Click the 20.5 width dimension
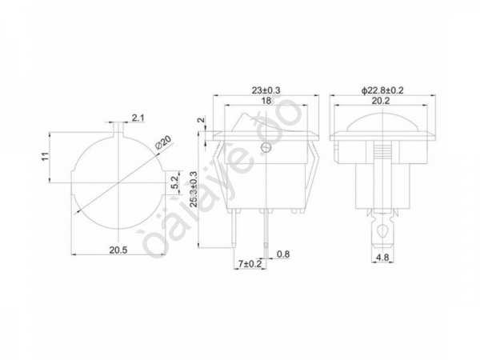(x=118, y=250)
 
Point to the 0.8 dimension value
(x=283, y=255)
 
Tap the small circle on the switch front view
(x=266, y=147)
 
